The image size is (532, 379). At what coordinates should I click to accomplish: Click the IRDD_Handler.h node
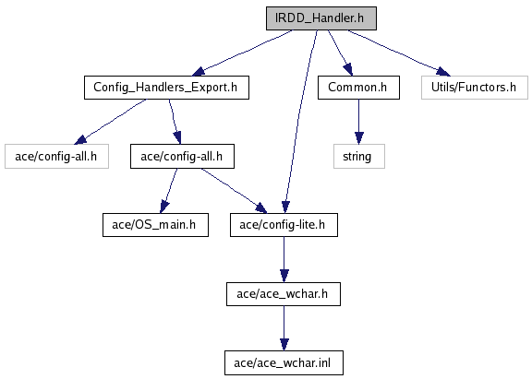(321, 18)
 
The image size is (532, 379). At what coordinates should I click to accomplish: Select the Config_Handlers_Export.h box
(166, 88)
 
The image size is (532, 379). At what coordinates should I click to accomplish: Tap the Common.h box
(358, 88)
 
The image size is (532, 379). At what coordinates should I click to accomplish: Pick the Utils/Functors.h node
(475, 88)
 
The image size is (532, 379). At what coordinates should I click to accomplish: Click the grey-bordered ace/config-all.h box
(56, 156)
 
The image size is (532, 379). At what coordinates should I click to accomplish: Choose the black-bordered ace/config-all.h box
(182, 156)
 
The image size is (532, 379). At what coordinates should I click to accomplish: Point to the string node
(359, 156)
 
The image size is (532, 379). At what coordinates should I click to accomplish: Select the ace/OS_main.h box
(155, 225)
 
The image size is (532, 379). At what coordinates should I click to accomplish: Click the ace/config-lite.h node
(284, 225)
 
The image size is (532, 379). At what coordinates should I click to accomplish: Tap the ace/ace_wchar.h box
(284, 294)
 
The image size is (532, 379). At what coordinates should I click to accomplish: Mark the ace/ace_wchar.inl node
(284, 363)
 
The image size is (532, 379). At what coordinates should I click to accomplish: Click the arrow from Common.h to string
(359, 122)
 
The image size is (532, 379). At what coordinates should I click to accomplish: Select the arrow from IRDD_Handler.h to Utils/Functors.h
(399, 53)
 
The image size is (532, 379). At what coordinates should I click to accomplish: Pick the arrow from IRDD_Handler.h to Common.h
(340, 53)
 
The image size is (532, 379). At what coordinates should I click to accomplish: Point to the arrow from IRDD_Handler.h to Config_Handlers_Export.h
(242, 53)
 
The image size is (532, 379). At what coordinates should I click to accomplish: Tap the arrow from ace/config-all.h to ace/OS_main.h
(169, 190)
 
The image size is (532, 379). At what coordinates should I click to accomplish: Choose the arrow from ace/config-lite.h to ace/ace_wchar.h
(284, 259)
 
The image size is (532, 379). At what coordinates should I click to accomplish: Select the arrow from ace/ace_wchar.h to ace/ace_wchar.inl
(284, 328)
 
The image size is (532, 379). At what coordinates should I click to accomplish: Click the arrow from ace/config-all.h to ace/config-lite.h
(234, 190)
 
